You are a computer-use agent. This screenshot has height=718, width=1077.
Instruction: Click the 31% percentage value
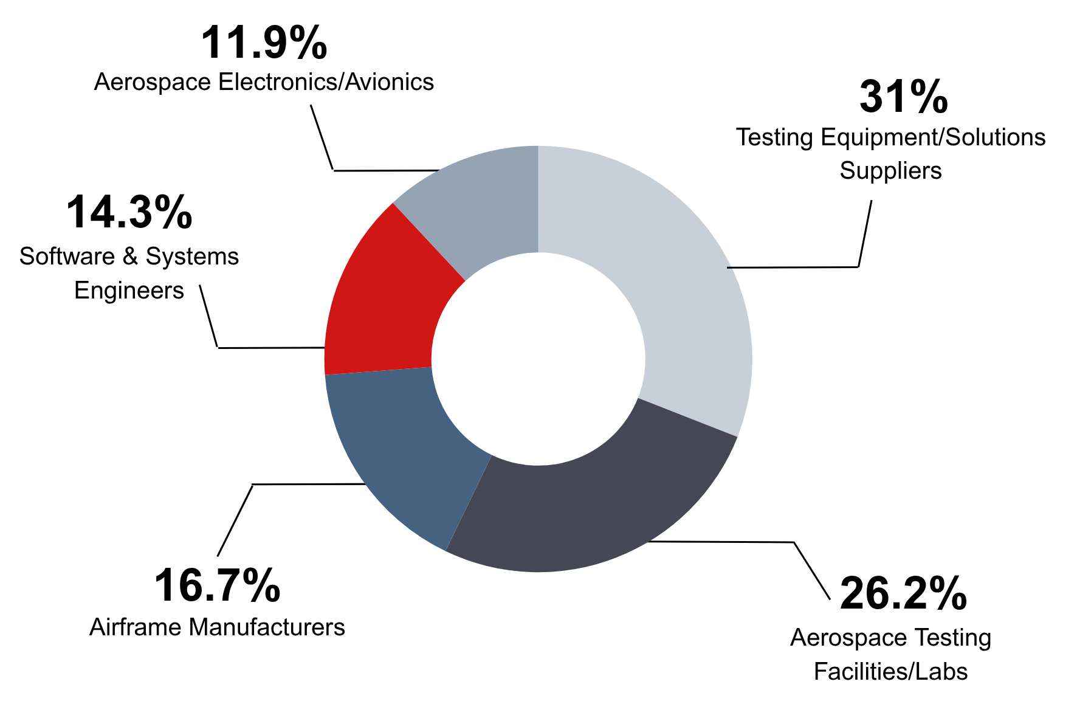903,97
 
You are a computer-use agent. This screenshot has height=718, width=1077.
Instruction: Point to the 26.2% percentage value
903,594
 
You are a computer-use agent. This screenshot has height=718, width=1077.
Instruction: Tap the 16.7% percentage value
217,586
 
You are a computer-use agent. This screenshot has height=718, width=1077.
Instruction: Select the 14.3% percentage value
129,213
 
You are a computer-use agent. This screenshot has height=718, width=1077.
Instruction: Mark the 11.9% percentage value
263,43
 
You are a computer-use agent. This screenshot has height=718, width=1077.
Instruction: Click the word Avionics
390,82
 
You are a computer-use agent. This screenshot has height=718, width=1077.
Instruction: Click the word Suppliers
890,171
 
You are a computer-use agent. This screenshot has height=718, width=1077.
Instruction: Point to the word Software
67,257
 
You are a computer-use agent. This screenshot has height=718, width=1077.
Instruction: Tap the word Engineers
129,291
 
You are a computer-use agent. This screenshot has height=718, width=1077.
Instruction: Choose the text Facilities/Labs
890,672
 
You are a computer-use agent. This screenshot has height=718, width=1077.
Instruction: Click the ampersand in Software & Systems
130,257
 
